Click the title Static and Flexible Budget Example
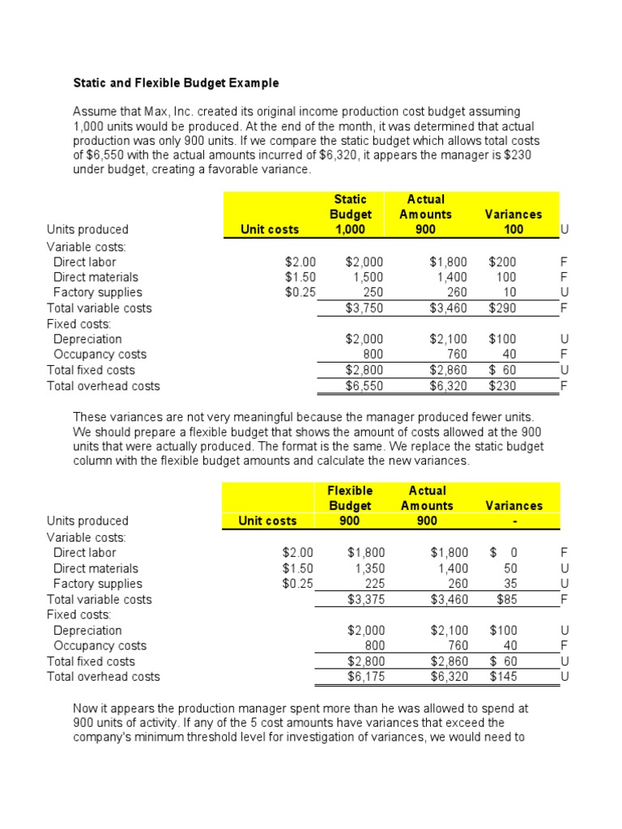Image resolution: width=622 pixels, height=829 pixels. [x=176, y=83]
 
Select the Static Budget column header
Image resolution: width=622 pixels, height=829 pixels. [x=351, y=206]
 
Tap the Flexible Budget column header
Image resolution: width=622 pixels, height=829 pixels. [x=350, y=498]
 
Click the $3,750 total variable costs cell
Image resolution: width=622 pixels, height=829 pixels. [x=364, y=308]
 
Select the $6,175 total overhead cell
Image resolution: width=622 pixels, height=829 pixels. [x=364, y=677]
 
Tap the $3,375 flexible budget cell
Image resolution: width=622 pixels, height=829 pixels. [x=364, y=599]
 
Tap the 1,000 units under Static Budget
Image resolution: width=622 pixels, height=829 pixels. [x=351, y=229]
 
